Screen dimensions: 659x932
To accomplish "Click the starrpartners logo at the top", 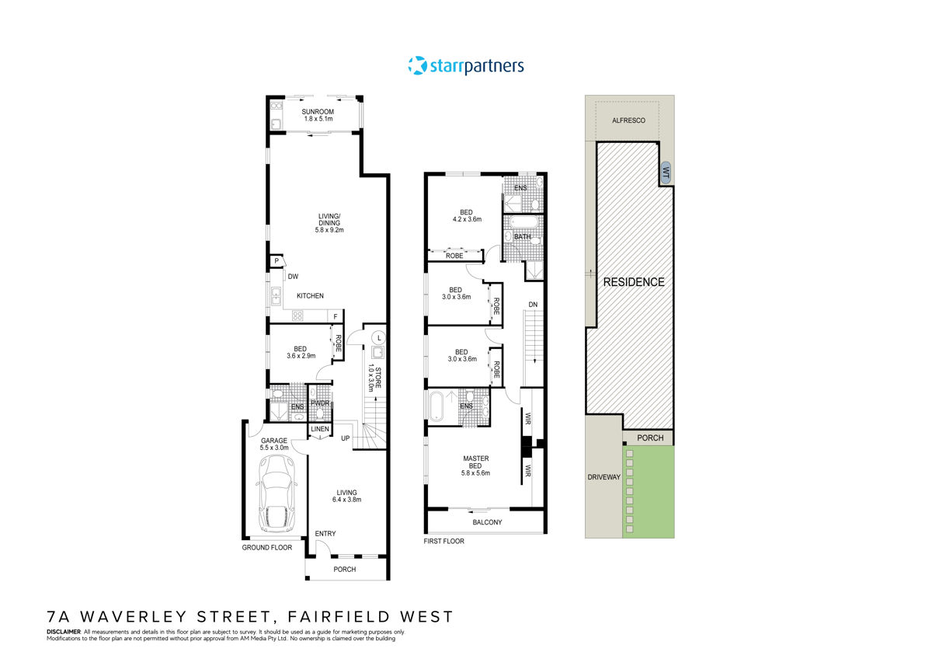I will [466, 66].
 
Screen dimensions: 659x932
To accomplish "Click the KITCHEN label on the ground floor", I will [309, 296].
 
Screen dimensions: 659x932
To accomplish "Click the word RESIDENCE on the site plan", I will [635, 282].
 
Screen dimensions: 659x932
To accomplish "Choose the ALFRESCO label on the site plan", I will [628, 120].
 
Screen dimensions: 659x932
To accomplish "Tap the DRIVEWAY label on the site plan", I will [604, 477].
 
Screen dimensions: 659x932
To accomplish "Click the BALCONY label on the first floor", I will [487, 522].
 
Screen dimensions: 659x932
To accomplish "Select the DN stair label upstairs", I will [534, 303].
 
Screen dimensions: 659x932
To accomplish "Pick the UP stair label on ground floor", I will [346, 438].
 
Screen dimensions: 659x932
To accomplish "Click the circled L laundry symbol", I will [378, 338].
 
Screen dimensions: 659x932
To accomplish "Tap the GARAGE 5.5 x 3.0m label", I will [275, 444].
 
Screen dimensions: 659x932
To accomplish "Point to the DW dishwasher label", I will [293, 276].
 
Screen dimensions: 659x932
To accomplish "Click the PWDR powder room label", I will [320, 403].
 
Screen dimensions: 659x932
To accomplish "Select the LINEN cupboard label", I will [320, 429].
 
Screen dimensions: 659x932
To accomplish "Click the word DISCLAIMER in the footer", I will [64, 632].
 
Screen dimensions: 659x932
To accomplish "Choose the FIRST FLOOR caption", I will [444, 541].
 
